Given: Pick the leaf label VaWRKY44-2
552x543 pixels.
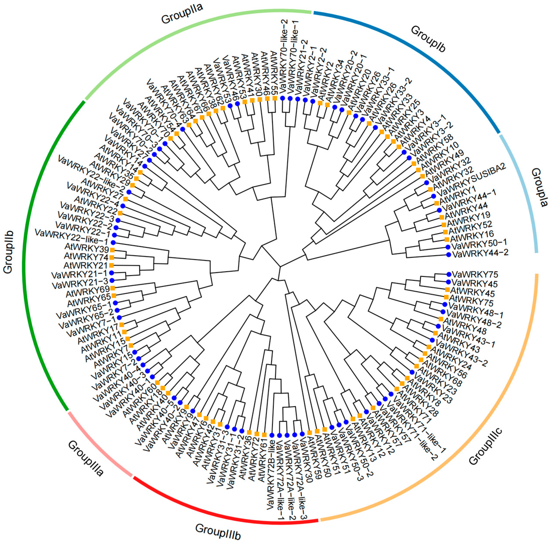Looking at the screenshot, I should point(480,253).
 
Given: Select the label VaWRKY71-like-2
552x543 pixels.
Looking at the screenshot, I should point(416,439).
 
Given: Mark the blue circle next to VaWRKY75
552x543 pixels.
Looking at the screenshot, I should point(449,274).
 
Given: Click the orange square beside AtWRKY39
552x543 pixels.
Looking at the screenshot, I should point(112,250).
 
